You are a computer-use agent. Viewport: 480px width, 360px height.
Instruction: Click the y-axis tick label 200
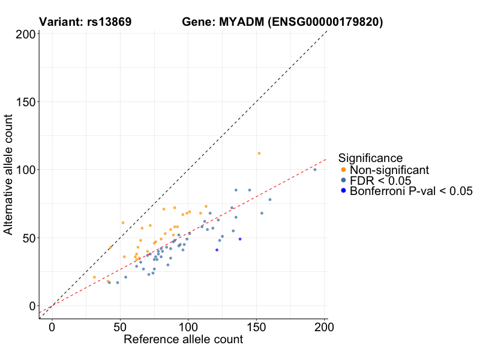(x=24, y=34)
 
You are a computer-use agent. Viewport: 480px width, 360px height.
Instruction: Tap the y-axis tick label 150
(x=24, y=102)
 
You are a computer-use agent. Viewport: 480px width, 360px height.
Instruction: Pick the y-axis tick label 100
(x=24, y=170)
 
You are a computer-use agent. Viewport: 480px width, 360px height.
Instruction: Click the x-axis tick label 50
(x=120, y=327)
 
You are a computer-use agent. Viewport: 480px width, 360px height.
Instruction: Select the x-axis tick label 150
(x=256, y=327)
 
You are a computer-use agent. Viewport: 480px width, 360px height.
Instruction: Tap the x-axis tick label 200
(x=325, y=327)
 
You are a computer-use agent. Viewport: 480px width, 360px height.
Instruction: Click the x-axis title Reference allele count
(x=183, y=340)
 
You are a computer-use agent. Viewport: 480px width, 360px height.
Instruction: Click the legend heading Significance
(x=370, y=158)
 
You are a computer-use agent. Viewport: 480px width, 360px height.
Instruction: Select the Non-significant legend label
(x=389, y=170)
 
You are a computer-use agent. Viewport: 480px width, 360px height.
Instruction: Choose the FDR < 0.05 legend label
(x=380, y=181)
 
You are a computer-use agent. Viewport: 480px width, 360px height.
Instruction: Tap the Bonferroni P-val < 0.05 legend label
(x=412, y=191)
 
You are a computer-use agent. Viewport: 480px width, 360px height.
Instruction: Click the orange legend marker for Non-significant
(x=343, y=170)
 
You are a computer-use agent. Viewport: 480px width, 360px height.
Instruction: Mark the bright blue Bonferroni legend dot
(x=343, y=191)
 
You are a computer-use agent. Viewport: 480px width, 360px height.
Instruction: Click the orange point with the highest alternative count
(x=259, y=154)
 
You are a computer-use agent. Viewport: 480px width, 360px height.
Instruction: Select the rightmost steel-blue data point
(x=315, y=170)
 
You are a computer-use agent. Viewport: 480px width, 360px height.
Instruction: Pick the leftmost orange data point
(x=94, y=277)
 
